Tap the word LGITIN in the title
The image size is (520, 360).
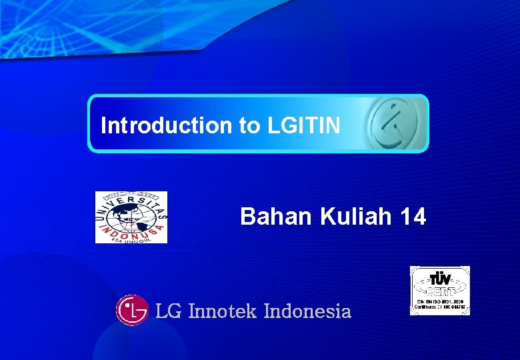pyautogui.click(x=304, y=125)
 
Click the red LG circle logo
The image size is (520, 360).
pyautogui.click(x=132, y=310)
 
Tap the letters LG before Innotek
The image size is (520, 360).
pyautogui.click(x=168, y=311)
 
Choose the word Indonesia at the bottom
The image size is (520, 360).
pyautogui.click(x=307, y=311)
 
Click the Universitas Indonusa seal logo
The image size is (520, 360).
pyautogui.click(x=131, y=217)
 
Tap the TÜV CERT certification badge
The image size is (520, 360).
pyautogui.click(x=439, y=291)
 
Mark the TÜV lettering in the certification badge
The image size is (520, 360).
pyautogui.click(x=440, y=278)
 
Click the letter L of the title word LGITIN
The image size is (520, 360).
pyautogui.click(x=273, y=125)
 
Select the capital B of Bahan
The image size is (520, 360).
pyautogui.click(x=247, y=217)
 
